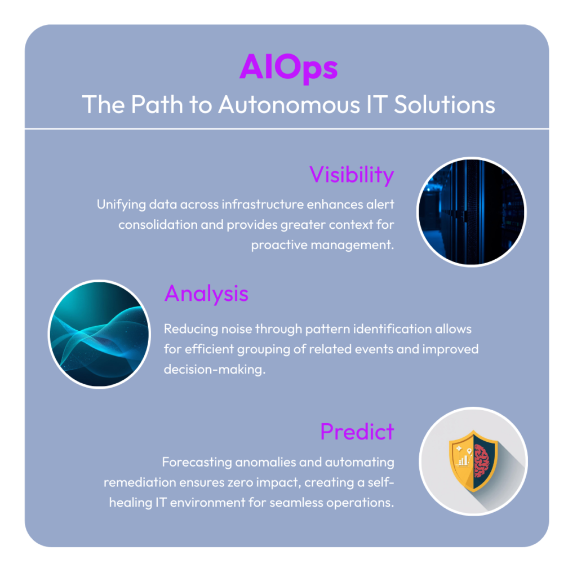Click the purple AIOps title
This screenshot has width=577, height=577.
tap(288, 68)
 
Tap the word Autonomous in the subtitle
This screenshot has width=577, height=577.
tap(289, 104)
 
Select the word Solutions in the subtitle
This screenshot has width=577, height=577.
tap(445, 104)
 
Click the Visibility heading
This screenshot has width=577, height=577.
tap(352, 175)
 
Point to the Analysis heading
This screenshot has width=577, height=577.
tap(206, 293)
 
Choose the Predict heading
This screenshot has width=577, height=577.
tap(357, 431)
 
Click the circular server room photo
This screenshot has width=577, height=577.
tap(472, 212)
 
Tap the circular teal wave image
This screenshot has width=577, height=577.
tap(99, 334)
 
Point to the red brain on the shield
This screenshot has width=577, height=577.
tap(482, 460)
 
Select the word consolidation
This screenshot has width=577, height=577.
tap(158, 224)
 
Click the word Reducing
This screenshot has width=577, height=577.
tap(190, 329)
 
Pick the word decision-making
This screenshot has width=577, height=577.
tap(215, 370)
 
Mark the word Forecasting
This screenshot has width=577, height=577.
tap(197, 462)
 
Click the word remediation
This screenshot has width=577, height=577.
tap(140, 482)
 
